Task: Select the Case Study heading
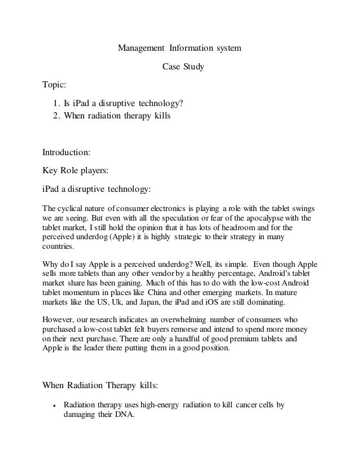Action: pyautogui.click(x=179, y=68)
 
